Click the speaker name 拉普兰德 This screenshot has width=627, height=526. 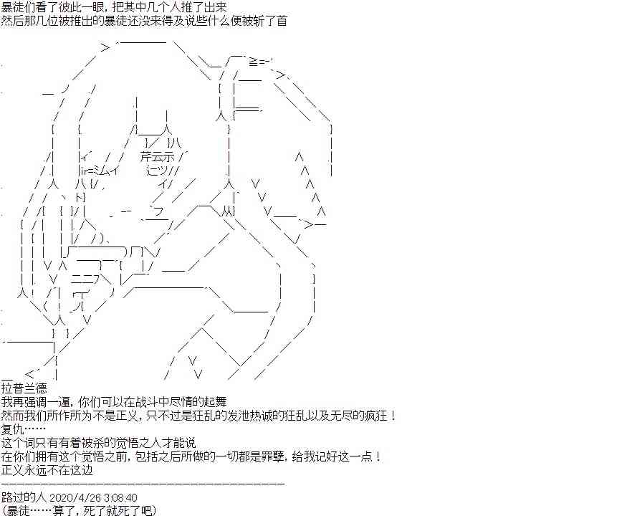pos(24,388)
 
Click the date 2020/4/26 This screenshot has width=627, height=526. pos(75,498)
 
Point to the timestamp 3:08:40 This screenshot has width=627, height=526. pos(120,498)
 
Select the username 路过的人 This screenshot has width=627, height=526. pos(24,497)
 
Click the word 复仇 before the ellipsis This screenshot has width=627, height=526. pos(12,429)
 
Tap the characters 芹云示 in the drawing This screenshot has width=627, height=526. pos(158,156)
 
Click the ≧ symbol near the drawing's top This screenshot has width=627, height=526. pos(253,62)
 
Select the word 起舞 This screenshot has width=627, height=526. pos(216,401)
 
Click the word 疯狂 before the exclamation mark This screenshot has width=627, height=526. pos(376,416)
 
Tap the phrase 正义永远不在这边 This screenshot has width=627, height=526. pos(47,470)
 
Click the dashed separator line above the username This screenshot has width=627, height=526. pos(143,484)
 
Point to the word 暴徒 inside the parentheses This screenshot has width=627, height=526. pos(19,511)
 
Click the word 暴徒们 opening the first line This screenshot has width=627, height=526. pos(19,7)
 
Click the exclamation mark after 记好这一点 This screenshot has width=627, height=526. pos(378,456)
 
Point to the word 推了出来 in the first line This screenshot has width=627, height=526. pos(204,7)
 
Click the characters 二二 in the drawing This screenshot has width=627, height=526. pos(82,279)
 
